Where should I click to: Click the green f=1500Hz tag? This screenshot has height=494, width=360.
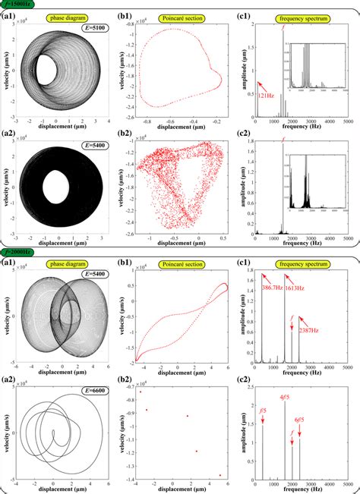pyautogui.click(x=17, y=5)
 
